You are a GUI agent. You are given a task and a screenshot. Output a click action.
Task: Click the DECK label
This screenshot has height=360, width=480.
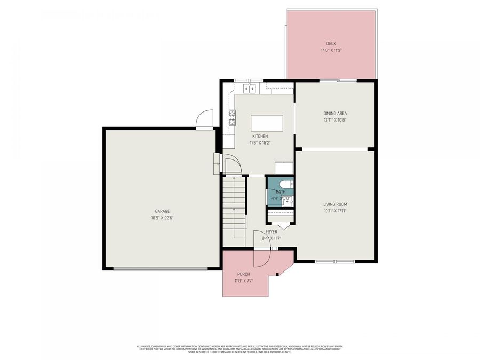[331, 44]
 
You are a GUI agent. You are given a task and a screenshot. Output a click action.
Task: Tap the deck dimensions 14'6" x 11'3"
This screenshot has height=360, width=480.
[331, 50]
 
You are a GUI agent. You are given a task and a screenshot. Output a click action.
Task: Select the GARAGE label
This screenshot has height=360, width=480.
[162, 211]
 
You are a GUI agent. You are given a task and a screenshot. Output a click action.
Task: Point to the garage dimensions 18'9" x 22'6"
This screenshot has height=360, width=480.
[162, 218]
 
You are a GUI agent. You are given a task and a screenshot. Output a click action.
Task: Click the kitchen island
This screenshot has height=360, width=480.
[266, 123]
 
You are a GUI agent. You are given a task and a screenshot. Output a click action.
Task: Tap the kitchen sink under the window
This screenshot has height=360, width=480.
[250, 87]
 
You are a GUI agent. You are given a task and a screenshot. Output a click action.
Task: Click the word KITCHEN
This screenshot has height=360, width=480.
[260, 137]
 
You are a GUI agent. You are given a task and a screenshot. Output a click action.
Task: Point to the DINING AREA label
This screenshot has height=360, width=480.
[335, 113]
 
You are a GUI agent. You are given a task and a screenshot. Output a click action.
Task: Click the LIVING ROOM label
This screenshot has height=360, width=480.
[335, 204]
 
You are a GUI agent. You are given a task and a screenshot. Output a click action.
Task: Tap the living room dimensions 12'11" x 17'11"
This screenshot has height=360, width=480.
[335, 211]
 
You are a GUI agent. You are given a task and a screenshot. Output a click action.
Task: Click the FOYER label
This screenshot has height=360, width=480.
[271, 232]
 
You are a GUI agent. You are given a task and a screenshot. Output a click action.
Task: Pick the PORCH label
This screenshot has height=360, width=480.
[243, 274]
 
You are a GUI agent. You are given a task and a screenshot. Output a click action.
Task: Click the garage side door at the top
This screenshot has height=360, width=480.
[204, 120]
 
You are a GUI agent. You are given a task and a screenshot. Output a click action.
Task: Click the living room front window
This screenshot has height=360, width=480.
[325, 261]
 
